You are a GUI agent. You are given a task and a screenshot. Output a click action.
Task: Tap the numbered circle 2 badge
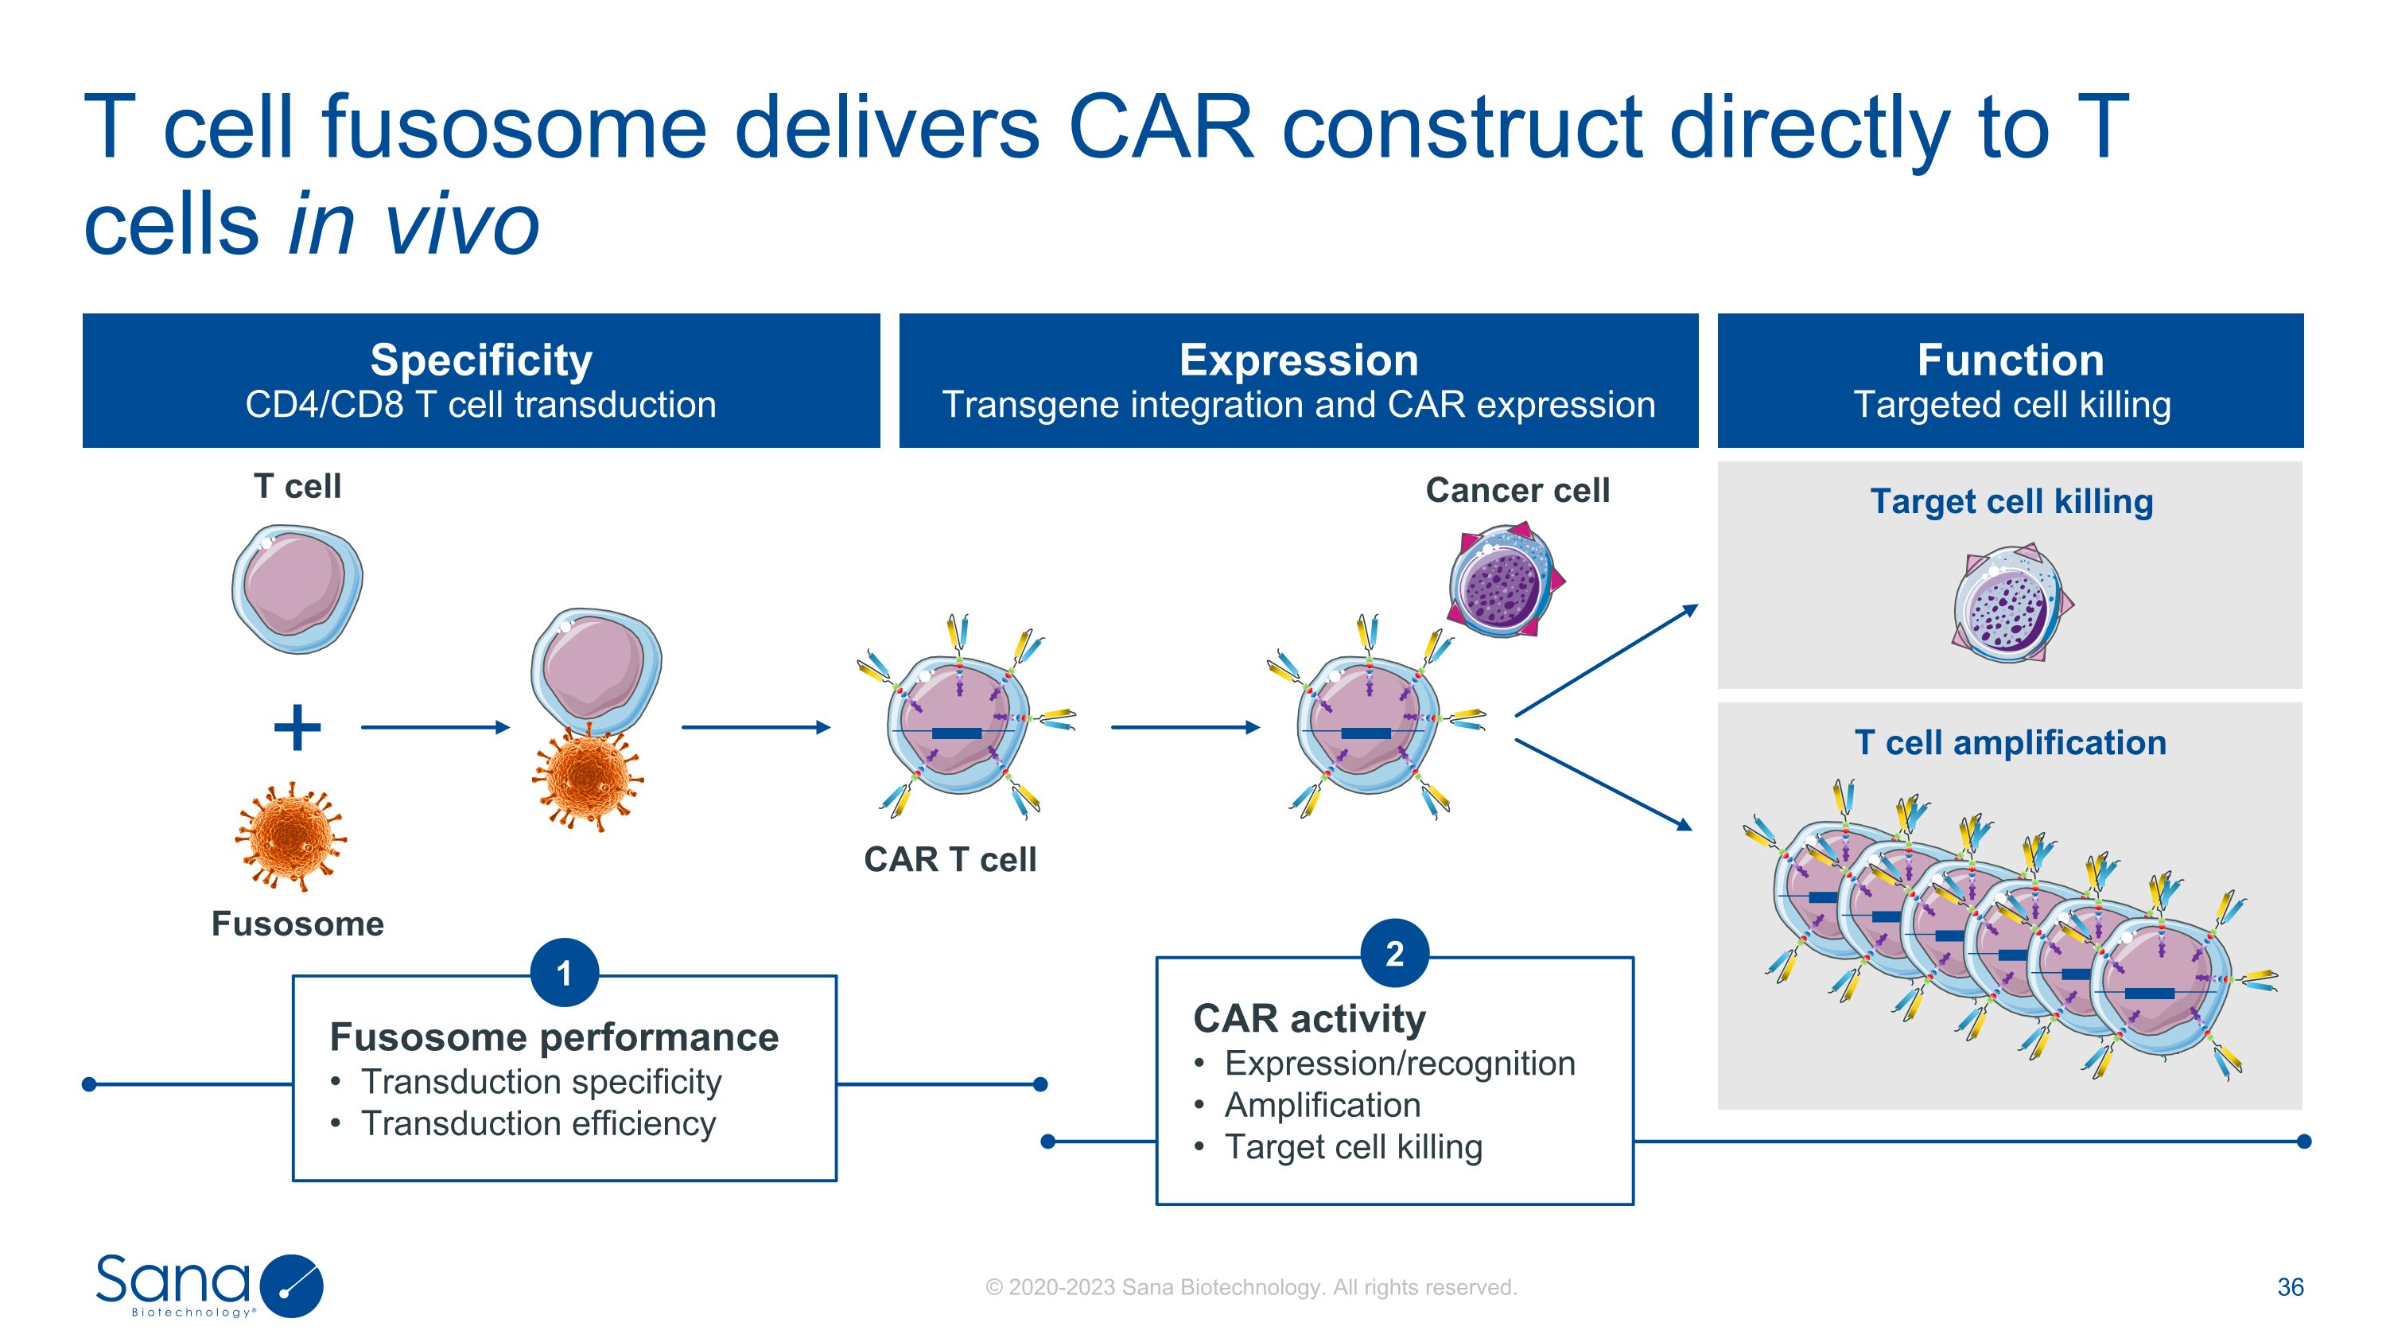coord(1394,953)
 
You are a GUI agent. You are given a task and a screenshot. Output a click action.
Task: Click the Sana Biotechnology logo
coord(208,1285)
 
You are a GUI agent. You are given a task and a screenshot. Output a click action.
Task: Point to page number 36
coord(2290,1286)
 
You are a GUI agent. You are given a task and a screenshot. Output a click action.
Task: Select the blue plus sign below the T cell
coord(297,727)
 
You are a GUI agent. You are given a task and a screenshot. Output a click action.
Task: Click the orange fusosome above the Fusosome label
coord(291,835)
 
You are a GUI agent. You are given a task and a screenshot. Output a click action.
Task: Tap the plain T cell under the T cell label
coord(297,589)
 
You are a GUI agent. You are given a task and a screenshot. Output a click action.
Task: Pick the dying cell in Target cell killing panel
coord(2011,604)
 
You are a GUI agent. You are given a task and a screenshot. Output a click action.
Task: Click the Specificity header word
coord(480,360)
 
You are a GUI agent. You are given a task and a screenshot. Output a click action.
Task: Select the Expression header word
coord(1298,360)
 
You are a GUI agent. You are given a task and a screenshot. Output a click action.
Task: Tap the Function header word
coord(2010,360)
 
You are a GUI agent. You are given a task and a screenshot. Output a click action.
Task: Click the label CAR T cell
coord(950,859)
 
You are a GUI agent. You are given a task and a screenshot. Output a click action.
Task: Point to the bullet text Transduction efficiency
coord(538,1123)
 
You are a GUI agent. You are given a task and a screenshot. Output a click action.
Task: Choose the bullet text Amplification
coord(1322,1105)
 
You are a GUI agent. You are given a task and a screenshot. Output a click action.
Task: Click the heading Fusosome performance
coord(554,1037)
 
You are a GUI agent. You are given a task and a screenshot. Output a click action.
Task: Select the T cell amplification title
coord(2010,743)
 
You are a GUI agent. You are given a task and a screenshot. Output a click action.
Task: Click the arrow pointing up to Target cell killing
coord(1606,660)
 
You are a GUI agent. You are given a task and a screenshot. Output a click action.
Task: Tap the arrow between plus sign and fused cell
coord(435,727)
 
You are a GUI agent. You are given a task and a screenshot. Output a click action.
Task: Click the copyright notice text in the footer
coord(1250,1287)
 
